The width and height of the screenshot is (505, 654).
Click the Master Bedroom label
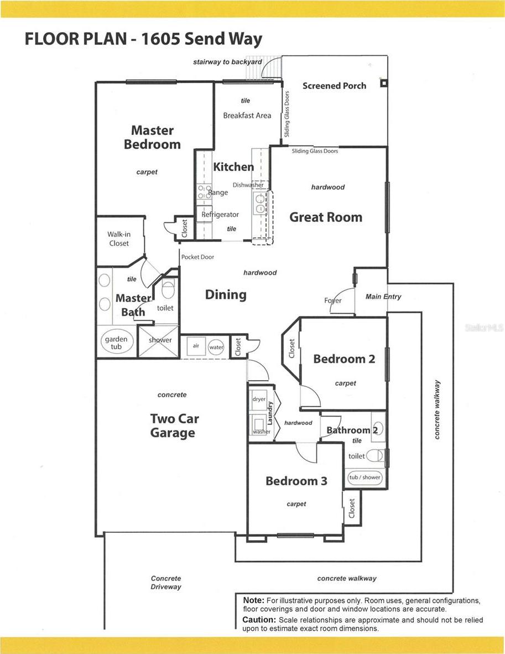tap(152, 137)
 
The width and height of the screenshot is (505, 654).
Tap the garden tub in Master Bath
tap(116, 343)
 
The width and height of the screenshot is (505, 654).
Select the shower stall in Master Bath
tap(158, 341)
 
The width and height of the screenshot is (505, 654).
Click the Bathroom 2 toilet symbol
tap(375, 455)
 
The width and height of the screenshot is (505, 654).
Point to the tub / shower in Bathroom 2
tap(365, 477)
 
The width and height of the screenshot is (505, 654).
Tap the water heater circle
tap(216, 347)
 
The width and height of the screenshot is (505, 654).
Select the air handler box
tap(196, 346)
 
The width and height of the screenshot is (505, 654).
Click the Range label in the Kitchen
tap(218, 193)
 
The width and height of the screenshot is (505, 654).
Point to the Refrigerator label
tap(220, 214)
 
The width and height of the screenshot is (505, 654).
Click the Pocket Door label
tap(197, 257)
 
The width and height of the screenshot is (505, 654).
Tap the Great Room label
tap(326, 217)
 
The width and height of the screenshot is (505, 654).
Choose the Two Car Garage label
tap(174, 425)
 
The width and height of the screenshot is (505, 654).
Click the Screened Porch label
tap(334, 86)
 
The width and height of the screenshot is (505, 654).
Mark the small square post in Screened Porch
tap(384, 83)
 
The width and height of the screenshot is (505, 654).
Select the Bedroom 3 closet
tap(351, 508)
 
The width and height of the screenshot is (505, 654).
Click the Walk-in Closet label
tap(119, 238)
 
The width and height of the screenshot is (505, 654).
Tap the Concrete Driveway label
tap(166, 582)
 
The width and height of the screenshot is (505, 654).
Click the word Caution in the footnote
tap(259, 620)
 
